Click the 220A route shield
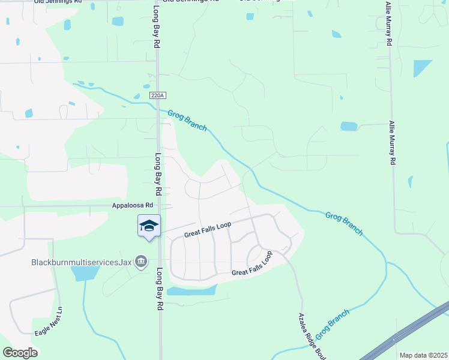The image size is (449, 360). [157, 95]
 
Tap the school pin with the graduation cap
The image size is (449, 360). [149, 226]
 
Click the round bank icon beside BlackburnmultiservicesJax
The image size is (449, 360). [141, 262]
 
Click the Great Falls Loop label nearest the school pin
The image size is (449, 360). [208, 229]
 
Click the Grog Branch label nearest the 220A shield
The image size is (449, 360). [187, 120]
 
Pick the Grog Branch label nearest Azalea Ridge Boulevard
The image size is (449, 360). [331, 322]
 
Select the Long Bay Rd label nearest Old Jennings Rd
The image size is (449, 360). [156, 28]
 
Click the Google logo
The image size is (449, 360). [20, 353]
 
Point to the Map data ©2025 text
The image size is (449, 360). [424, 355]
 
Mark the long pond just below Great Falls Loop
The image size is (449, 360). [191, 291]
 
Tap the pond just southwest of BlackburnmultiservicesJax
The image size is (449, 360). [85, 274]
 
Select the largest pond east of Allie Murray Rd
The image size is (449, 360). [422, 68]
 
